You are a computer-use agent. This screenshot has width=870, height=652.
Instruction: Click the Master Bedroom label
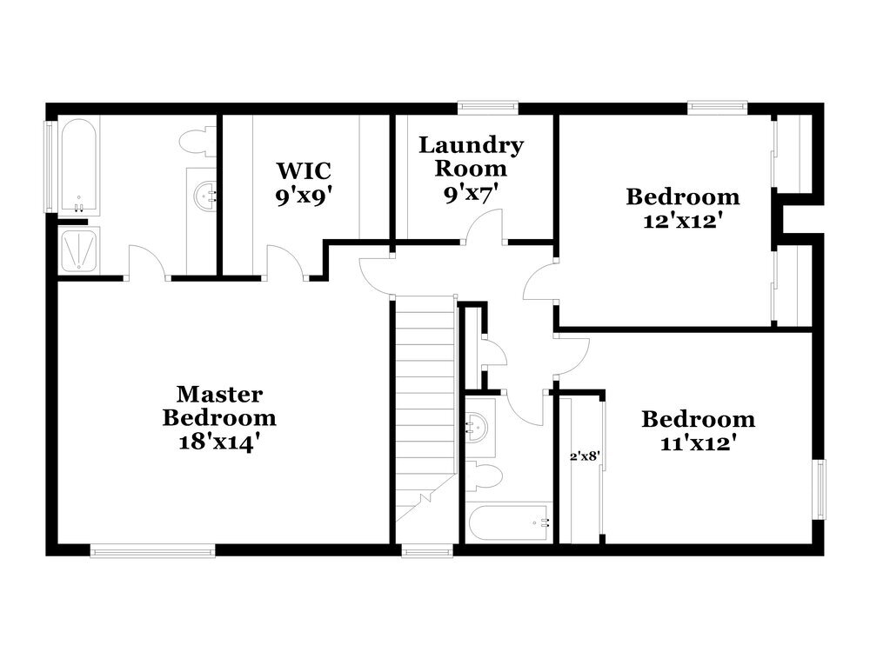point(219,406)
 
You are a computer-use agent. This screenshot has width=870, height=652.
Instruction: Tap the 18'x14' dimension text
point(219,441)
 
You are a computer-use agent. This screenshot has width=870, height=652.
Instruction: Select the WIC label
point(304,169)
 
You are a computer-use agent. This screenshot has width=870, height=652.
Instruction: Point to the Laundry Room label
point(471,156)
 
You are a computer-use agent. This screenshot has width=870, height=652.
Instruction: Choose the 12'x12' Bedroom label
point(683,196)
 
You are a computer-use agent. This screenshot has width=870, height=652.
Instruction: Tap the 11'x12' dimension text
point(698,443)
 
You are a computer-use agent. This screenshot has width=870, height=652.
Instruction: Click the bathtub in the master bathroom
point(78,166)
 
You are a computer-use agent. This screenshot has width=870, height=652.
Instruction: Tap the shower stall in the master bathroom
point(79,251)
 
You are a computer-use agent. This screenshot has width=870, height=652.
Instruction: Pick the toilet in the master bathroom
point(198,141)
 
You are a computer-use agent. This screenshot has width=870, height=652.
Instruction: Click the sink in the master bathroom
point(205,196)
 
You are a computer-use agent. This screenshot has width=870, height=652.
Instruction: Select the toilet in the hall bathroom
point(488,476)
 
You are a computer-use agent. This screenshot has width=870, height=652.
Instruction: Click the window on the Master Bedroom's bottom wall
point(152,549)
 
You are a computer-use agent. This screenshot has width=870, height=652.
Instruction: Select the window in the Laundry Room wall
point(489,108)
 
